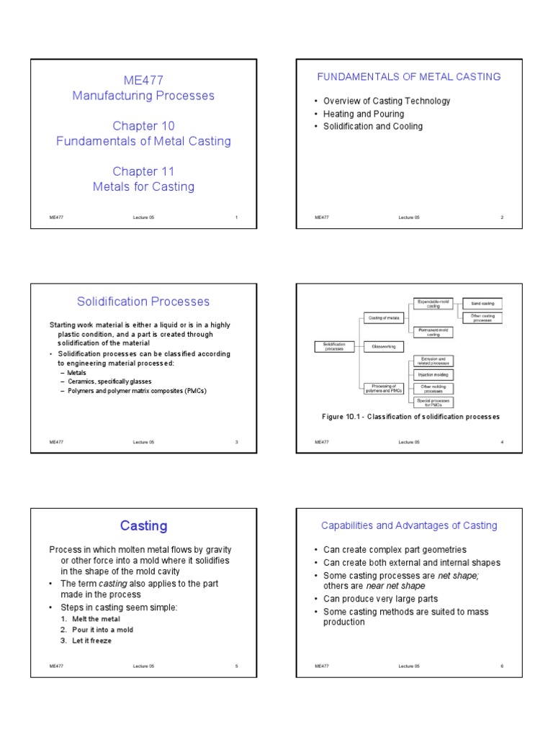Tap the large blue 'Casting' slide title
click(143, 526)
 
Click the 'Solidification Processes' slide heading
click(143, 302)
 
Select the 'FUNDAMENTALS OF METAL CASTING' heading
click(410, 77)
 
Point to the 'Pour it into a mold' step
click(102, 630)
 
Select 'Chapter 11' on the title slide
click(143, 171)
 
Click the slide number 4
click(502, 442)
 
